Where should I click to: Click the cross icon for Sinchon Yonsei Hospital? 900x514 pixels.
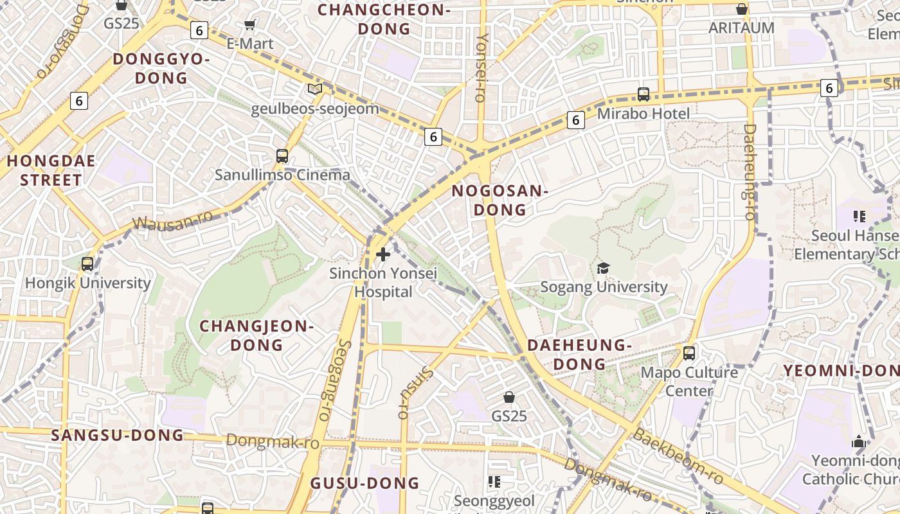[x=383, y=254]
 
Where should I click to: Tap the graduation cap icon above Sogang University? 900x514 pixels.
[x=603, y=268]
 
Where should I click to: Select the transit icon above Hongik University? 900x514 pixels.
[x=87, y=263]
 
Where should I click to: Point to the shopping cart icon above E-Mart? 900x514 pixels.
[x=250, y=25]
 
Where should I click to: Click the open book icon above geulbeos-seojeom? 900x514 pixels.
[x=314, y=89]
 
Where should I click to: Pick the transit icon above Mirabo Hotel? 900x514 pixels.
[x=643, y=94]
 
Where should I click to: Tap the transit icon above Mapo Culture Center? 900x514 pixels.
[x=689, y=353]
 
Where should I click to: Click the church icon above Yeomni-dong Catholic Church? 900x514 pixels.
[x=858, y=441]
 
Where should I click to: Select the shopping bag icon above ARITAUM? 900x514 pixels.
[x=741, y=9]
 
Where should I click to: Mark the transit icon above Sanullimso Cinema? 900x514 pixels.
[x=282, y=155]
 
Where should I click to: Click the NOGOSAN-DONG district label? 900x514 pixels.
[x=500, y=200]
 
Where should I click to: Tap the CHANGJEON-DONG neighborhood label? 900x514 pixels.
[x=256, y=335]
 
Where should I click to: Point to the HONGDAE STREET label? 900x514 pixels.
[x=51, y=170]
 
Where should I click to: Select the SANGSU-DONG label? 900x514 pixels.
[x=118, y=435]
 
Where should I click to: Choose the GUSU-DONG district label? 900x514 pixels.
[x=364, y=483]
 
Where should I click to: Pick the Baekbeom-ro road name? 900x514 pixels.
[x=678, y=457]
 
